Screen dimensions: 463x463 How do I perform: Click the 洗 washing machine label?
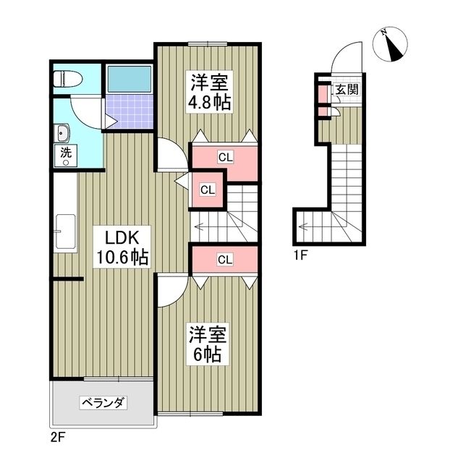click(66, 153)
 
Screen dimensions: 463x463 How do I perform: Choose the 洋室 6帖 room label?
click(209, 345)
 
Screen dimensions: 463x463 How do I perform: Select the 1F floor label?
click(301, 255)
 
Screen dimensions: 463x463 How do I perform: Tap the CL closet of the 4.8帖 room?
click(225, 157)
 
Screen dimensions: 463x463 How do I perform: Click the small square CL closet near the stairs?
click(208, 190)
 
